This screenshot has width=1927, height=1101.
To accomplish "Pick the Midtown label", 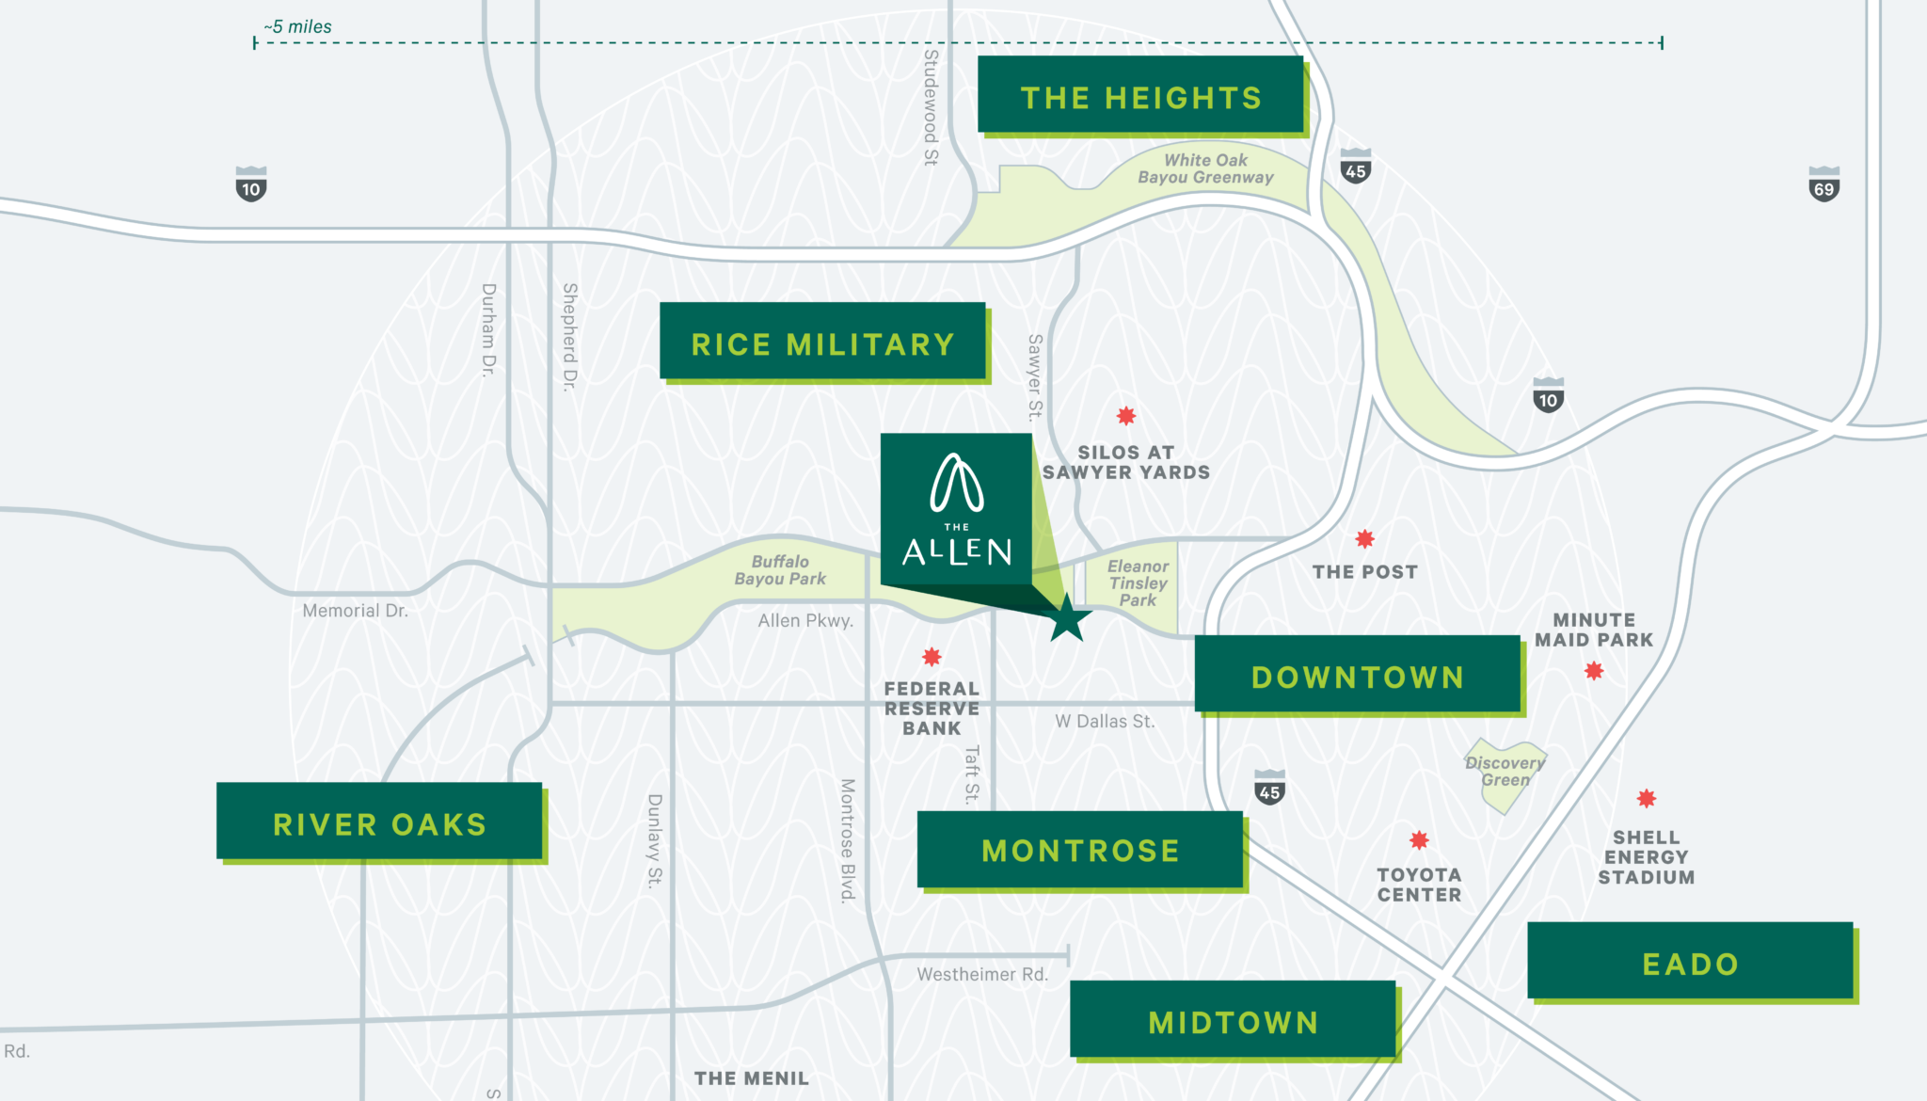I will (x=1233, y=1021).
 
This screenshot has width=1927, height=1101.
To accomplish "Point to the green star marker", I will (x=1068, y=619).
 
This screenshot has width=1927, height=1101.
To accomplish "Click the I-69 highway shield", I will (x=1823, y=184).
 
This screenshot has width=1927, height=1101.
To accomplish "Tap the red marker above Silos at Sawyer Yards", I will (x=1126, y=416).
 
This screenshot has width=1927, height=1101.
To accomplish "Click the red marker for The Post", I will (x=1364, y=539).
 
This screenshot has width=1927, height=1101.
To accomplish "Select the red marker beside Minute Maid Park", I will (x=1594, y=671).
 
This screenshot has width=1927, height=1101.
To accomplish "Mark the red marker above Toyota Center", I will (x=1419, y=839).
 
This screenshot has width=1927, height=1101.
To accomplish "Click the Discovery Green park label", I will (x=1505, y=772).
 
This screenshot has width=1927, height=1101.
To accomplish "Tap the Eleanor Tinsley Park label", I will (x=1138, y=583).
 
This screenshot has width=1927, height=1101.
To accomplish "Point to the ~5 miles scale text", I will (x=297, y=27).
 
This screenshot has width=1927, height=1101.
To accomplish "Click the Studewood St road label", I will (x=931, y=107).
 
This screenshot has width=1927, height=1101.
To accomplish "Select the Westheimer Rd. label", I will (x=982, y=975).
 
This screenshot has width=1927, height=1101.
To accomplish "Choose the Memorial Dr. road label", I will (x=355, y=611).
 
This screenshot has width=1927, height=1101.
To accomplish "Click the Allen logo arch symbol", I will (x=957, y=484).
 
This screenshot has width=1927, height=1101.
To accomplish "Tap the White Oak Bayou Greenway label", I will (x=1205, y=169).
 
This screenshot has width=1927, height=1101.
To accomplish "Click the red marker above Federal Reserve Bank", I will (x=932, y=657).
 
